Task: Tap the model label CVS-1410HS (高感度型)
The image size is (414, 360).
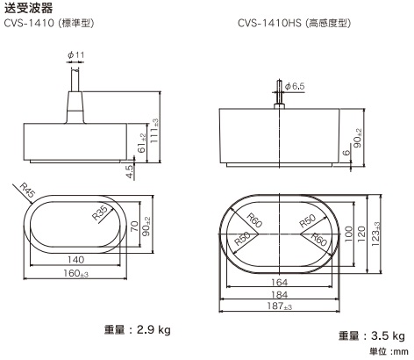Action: [296, 22]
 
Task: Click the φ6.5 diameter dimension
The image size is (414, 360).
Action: [295, 86]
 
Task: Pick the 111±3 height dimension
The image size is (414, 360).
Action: [155, 129]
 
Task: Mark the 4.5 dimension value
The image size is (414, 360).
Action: [131, 171]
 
